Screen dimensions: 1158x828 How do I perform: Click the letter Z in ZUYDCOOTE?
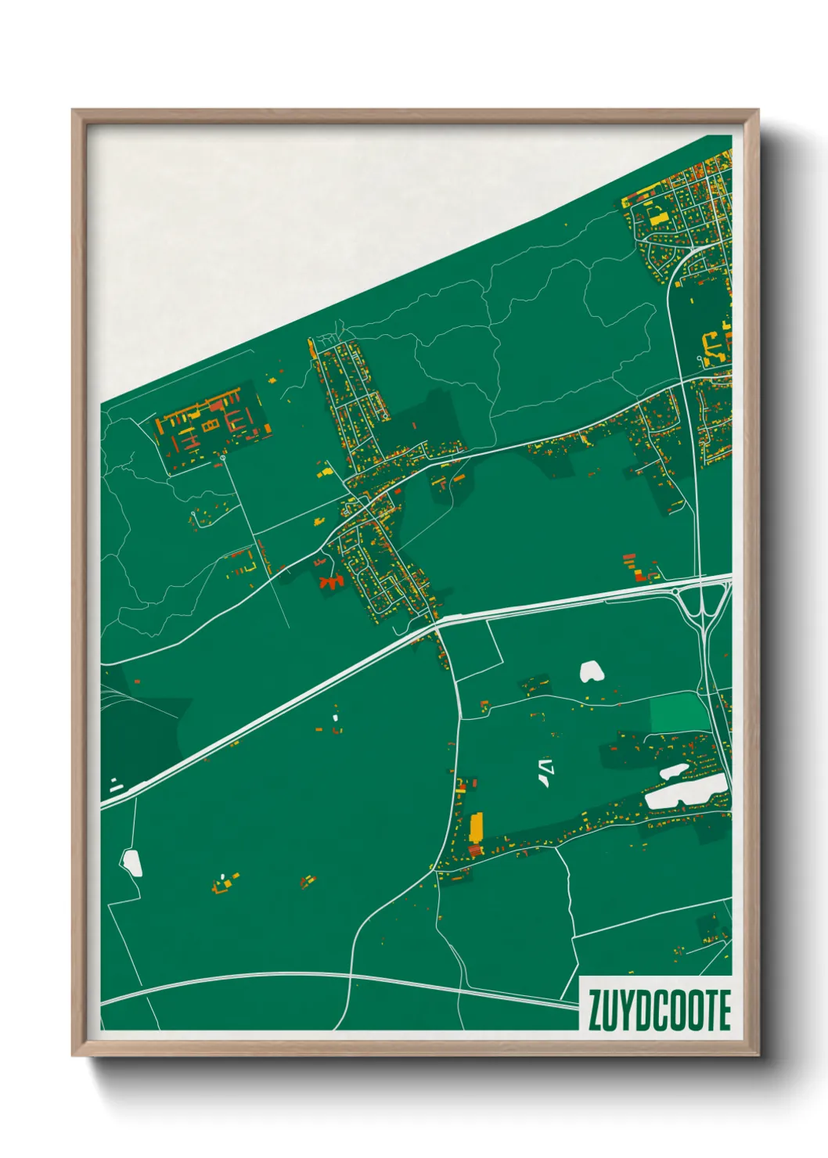(595, 1011)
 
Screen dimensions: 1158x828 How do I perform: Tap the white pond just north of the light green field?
(592, 671)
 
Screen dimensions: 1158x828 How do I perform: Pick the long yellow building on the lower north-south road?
(476, 825)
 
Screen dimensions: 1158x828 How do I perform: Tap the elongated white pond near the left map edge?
(131, 863)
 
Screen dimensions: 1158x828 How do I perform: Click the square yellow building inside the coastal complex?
(210, 425)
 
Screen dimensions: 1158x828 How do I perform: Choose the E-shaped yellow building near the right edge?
(711, 345)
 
